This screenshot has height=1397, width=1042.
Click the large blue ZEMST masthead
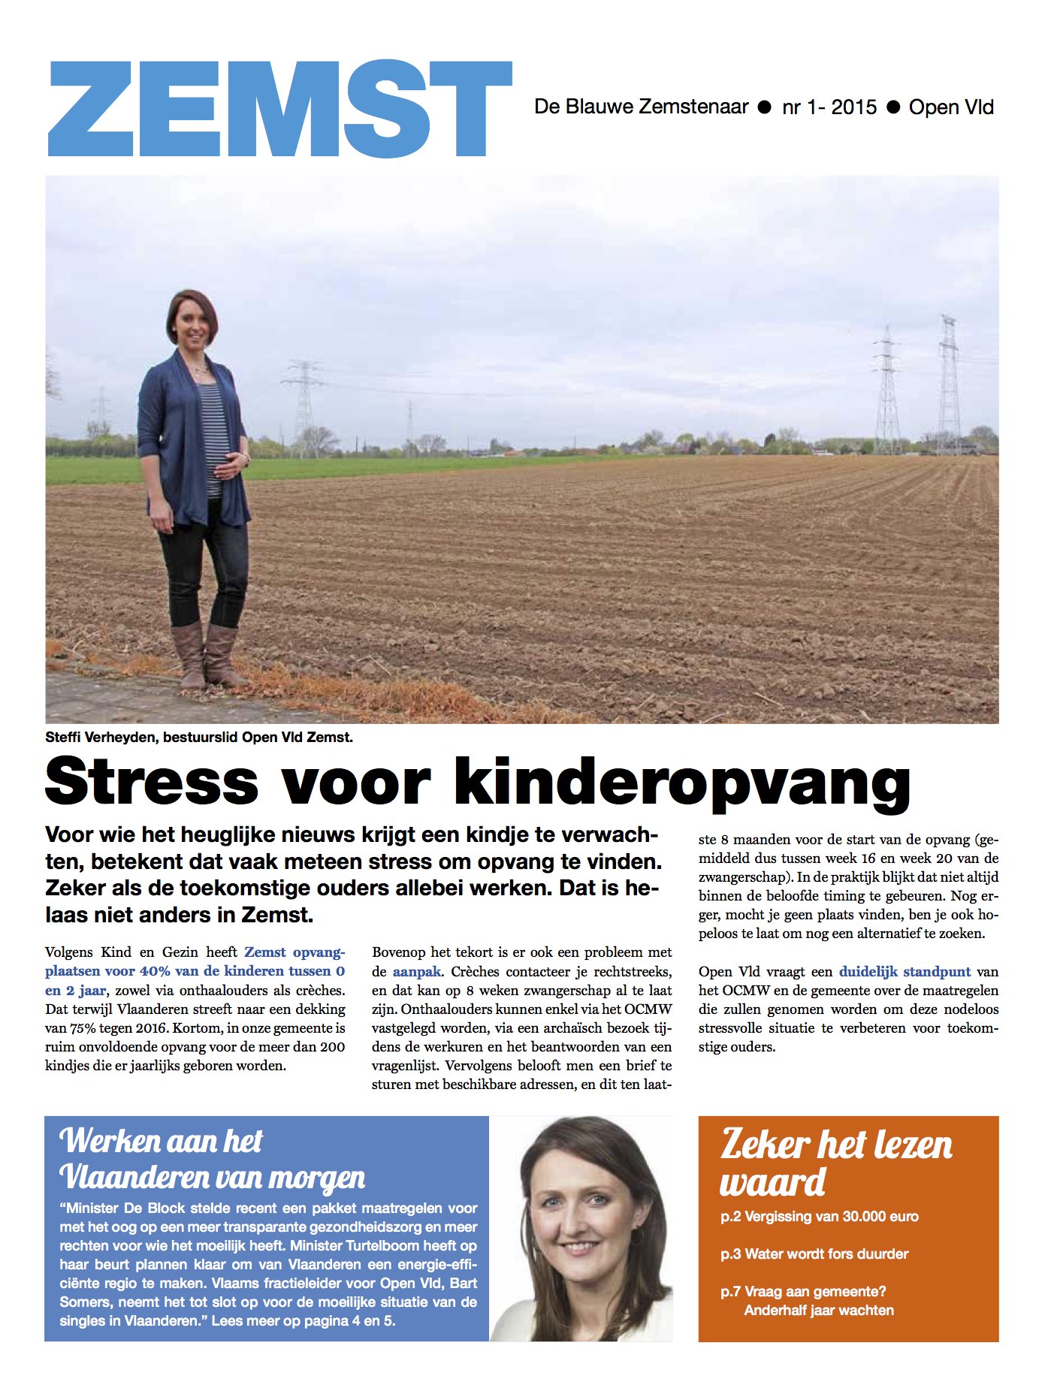pyautogui.click(x=279, y=109)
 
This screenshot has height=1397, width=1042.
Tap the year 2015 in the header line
pyautogui.click(x=853, y=107)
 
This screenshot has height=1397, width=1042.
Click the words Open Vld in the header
pyautogui.click(x=950, y=107)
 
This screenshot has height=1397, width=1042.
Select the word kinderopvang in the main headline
pyautogui.click(x=681, y=783)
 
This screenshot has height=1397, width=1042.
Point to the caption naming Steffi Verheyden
pyautogui.click(x=198, y=738)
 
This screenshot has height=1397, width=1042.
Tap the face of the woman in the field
pyautogui.click(x=192, y=323)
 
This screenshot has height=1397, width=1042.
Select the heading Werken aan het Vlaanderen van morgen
pyautogui.click(x=212, y=1159)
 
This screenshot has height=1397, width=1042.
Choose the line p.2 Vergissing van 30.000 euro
pyautogui.click(x=819, y=1217)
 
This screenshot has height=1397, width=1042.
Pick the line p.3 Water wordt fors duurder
pyautogui.click(x=814, y=1254)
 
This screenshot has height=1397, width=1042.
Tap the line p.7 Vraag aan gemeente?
pyautogui.click(x=803, y=1292)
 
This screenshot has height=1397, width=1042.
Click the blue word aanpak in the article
pyautogui.click(x=416, y=971)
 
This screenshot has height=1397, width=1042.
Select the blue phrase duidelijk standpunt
pyautogui.click(x=905, y=971)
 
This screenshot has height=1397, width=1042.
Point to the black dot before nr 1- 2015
pyautogui.click(x=765, y=107)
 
